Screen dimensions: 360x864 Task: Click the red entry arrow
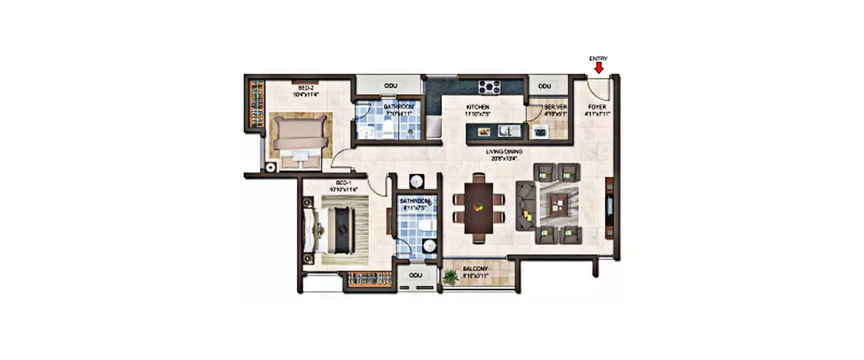pos(599,68)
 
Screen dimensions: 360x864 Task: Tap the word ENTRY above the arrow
pos(598,59)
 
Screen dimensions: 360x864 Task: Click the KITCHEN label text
pos(478,107)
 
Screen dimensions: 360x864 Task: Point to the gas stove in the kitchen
pos(490,87)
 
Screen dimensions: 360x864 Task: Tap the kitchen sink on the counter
pos(509,131)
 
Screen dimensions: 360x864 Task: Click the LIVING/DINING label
pos(503,152)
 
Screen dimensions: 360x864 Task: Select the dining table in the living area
pos(478,208)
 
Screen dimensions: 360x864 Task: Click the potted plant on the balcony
pos(450,277)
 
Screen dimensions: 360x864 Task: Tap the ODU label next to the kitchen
pos(544,86)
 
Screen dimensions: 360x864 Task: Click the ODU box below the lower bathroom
pos(415,275)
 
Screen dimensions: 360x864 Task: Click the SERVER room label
pos(556,107)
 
